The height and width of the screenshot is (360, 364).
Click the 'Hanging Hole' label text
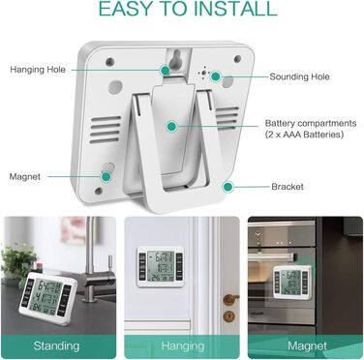pyautogui.click(x=38, y=70)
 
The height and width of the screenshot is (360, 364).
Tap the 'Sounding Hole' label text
pyautogui.click(x=299, y=76)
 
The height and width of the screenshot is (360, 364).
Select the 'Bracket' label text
pyautogui.click(x=288, y=187)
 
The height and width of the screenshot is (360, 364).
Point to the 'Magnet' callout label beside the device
pyautogui.click(x=25, y=177)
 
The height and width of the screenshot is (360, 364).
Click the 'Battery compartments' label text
pyautogui.click(x=311, y=123)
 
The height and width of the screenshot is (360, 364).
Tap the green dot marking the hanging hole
pyautogui.click(x=166, y=70)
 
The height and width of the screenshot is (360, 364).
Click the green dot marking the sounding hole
pyautogui.click(x=216, y=76)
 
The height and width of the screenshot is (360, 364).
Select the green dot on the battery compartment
pyautogui.click(x=171, y=126)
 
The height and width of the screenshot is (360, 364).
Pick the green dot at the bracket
pyautogui.click(x=228, y=187)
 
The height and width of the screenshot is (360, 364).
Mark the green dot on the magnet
pyautogui.click(x=106, y=176)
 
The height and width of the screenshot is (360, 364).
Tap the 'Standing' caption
pyautogui.click(x=56, y=346)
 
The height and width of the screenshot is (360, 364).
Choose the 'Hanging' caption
pyautogui.click(x=183, y=346)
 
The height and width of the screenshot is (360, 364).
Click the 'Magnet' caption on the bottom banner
pyautogui.click(x=307, y=346)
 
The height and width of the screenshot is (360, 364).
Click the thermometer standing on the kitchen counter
pyautogui.click(x=47, y=299)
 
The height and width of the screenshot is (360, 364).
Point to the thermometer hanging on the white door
pyautogui.click(x=161, y=266)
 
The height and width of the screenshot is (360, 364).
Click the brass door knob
pyautogui.click(x=230, y=299)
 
